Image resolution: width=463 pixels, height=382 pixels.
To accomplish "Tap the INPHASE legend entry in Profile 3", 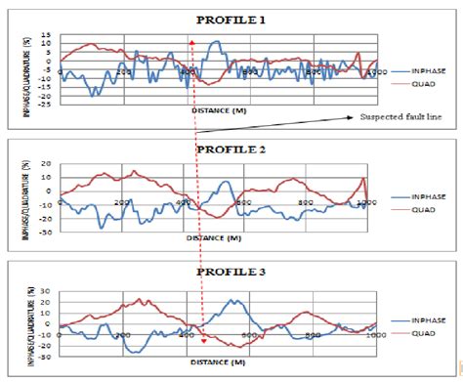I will click(x=431, y=318).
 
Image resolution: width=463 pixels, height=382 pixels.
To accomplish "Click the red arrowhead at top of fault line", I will click(x=192, y=44).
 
